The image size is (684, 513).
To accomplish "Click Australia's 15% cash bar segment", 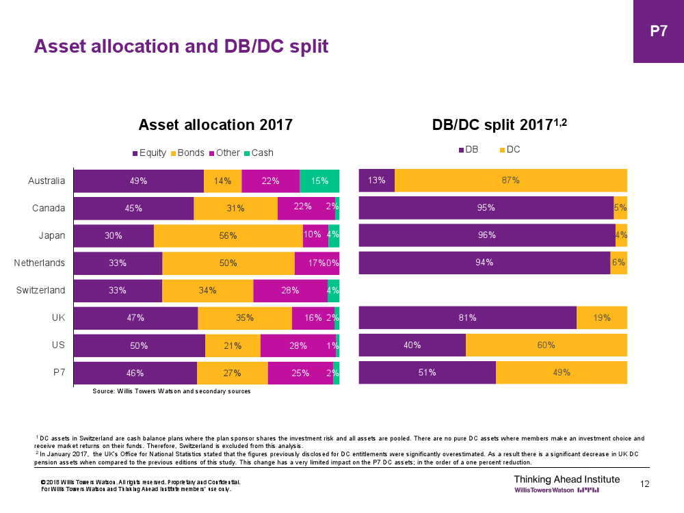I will click(319, 181).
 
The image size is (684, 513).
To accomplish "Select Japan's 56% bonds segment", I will click(228, 236).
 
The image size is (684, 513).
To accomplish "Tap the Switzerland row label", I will click(40, 290).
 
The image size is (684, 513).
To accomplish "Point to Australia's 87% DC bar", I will click(511, 181).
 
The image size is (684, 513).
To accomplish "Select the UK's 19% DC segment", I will click(602, 318).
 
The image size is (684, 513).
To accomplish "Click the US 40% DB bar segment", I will click(412, 345).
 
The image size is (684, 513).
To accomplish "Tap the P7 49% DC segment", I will click(562, 373).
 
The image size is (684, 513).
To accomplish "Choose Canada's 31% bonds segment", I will click(235, 209).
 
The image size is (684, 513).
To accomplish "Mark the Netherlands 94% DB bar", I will click(484, 263).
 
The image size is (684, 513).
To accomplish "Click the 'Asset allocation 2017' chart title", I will click(215, 124).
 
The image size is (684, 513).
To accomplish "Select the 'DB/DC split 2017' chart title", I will click(499, 124).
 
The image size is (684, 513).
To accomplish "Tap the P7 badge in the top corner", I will click(658, 31).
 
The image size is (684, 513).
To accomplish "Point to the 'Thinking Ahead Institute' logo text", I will click(566, 479).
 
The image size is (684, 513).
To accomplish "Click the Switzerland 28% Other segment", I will click(290, 291).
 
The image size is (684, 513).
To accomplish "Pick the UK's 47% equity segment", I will click(135, 318).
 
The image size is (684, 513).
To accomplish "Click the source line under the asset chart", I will click(172, 392).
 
